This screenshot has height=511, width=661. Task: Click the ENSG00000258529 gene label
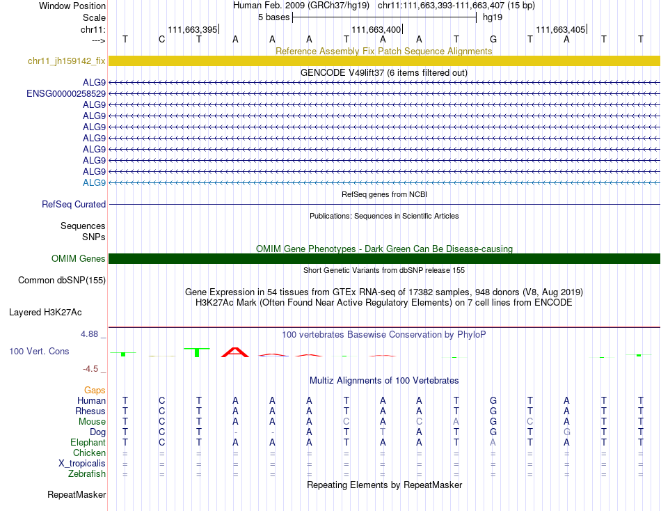66,93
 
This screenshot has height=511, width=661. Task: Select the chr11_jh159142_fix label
67,61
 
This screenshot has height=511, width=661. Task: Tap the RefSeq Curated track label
74,205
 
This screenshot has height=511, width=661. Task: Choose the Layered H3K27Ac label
57,313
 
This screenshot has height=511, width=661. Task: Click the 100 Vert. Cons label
39,352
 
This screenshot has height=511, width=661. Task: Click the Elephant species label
88,443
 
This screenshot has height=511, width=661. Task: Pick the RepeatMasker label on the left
77,495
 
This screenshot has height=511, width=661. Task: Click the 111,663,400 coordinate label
376,30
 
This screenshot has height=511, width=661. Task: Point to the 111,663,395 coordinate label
193,30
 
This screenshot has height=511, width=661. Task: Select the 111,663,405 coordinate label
560,30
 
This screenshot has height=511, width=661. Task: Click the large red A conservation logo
235,352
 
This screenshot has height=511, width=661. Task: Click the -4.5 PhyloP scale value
93,369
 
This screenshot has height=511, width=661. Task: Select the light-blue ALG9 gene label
94,183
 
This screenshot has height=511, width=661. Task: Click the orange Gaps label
95,391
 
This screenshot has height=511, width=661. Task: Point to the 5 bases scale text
273,17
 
